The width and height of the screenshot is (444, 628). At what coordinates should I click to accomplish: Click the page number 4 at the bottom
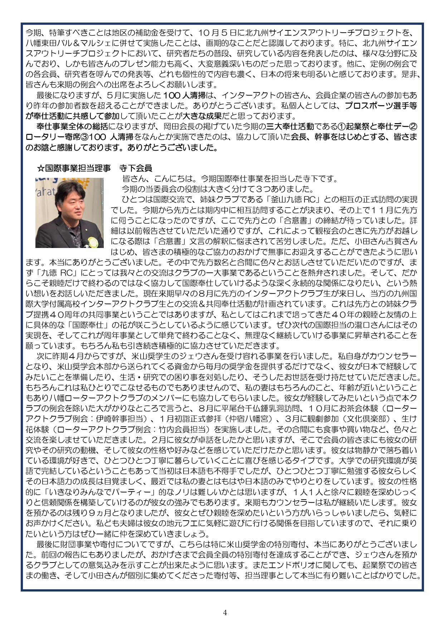pos(225,612)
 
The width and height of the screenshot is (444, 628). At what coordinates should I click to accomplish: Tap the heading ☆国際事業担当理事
pos(74,168)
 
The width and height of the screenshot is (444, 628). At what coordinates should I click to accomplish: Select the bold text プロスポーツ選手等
pos(380,106)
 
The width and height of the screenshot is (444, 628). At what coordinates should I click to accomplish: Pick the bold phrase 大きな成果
pos(203,116)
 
